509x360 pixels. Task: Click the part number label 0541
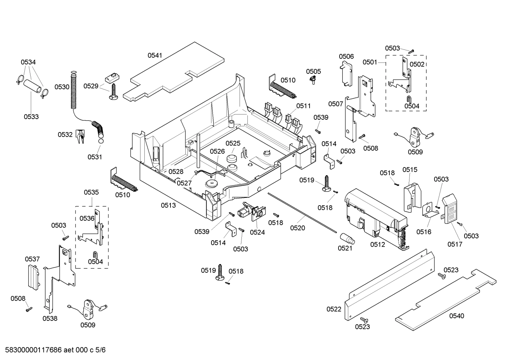(x=155, y=55)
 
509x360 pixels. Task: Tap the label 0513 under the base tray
(x=168, y=205)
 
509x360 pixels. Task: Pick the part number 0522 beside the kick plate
(x=334, y=309)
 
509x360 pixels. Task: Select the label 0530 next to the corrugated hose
(x=62, y=87)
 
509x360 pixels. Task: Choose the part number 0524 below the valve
(x=257, y=232)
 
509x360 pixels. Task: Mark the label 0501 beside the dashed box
(x=370, y=62)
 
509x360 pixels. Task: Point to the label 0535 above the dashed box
(x=91, y=193)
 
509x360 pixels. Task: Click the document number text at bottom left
(x=53, y=350)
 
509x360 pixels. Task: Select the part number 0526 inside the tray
(x=217, y=151)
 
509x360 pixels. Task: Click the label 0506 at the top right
(x=346, y=57)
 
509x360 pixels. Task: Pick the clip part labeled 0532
(x=81, y=136)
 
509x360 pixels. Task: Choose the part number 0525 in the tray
(x=233, y=143)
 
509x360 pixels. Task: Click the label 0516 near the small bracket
(x=424, y=231)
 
